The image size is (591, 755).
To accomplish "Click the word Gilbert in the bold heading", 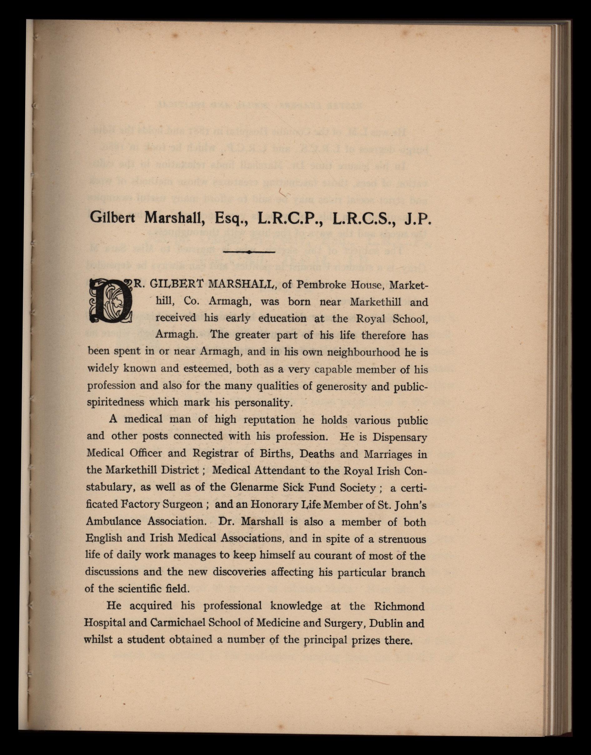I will [x=112, y=217].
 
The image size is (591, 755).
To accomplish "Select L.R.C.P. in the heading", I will [x=290, y=217].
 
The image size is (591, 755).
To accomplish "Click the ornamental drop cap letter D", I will [x=111, y=302].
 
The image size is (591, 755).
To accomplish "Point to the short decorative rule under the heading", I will [x=249, y=252].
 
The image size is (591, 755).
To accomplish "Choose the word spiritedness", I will [x=115, y=402].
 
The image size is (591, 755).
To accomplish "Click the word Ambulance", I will [x=113, y=521].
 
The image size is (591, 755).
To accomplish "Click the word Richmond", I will [x=399, y=607].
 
